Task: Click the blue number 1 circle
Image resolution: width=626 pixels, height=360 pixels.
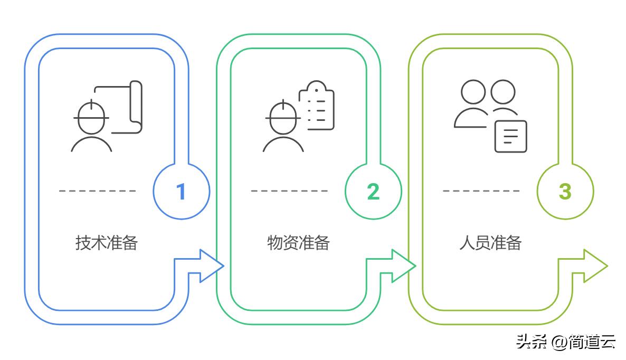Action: [181, 191]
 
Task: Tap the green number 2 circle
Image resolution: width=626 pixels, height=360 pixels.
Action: [373, 191]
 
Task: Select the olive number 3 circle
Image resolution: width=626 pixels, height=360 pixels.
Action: [565, 191]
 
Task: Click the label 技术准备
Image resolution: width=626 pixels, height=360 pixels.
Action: [107, 243]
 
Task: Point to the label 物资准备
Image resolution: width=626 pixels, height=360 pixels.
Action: [298, 243]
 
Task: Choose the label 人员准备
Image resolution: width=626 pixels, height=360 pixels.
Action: [490, 243]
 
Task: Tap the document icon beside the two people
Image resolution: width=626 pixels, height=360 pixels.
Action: [510, 136]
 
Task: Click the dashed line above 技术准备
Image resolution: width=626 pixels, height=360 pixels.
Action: [98, 191]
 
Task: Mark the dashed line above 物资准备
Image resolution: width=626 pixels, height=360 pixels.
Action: [289, 191]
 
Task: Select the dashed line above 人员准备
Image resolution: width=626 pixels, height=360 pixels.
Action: [481, 191]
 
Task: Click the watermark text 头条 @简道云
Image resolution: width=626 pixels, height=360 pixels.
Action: [565, 342]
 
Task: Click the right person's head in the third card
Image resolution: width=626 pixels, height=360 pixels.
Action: [503, 92]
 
